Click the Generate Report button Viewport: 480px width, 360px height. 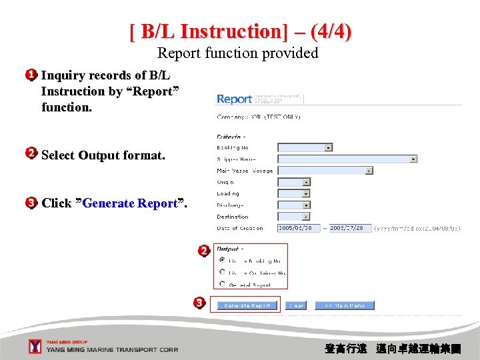(x=247, y=305)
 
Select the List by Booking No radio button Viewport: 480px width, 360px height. (x=222, y=261)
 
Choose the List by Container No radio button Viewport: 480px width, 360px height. (x=222, y=272)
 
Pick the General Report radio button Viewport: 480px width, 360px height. (x=222, y=283)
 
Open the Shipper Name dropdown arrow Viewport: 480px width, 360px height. (x=413, y=159)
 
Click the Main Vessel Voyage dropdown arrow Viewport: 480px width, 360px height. (x=369, y=171)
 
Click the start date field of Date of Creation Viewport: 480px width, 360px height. (x=299, y=227)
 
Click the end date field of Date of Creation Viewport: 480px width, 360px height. (x=350, y=227)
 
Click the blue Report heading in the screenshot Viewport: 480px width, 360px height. (x=235, y=99)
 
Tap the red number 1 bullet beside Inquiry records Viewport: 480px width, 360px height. (x=31, y=75)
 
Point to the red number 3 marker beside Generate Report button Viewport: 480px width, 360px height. (x=199, y=303)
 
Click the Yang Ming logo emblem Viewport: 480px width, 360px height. (x=35, y=347)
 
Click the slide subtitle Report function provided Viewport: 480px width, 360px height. (x=238, y=53)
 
